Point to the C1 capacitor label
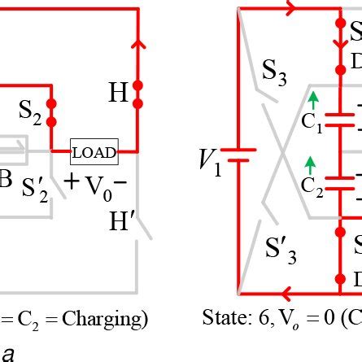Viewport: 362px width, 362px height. tap(312, 125)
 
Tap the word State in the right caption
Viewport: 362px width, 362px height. tap(225, 320)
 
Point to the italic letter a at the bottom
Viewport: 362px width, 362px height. tap(8, 353)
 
